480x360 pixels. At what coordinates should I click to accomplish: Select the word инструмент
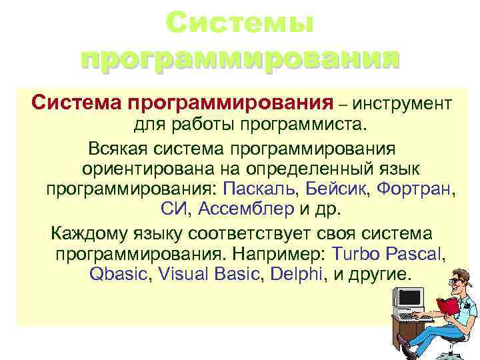403,104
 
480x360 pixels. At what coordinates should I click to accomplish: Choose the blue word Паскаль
259,189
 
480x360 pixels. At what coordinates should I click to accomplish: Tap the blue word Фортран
413,189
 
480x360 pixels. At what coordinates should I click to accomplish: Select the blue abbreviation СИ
175,210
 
